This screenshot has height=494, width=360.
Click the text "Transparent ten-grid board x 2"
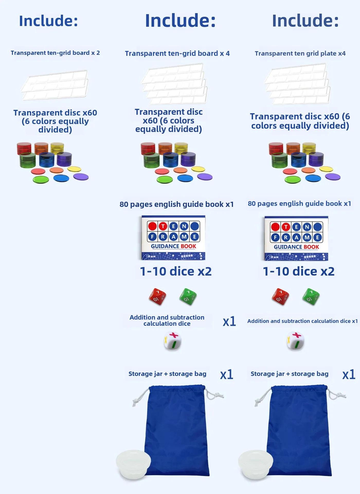point(55,53)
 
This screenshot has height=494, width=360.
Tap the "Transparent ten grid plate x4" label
point(300,54)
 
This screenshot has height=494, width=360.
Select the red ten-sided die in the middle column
point(157,297)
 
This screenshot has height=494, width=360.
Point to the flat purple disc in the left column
point(81,177)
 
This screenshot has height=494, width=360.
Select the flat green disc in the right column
point(293,179)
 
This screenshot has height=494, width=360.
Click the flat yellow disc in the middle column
point(198,169)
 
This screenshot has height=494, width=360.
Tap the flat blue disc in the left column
point(61,178)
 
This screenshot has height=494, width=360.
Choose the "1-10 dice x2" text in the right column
point(299,271)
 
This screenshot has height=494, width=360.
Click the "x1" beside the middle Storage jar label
point(227,375)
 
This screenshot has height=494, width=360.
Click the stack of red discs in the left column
point(24,148)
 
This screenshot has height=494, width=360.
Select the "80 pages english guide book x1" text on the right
point(299,204)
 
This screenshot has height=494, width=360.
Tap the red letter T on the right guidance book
point(286,227)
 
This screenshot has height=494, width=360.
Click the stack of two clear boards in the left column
point(55,85)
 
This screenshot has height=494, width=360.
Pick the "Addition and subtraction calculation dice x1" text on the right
point(302,321)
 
